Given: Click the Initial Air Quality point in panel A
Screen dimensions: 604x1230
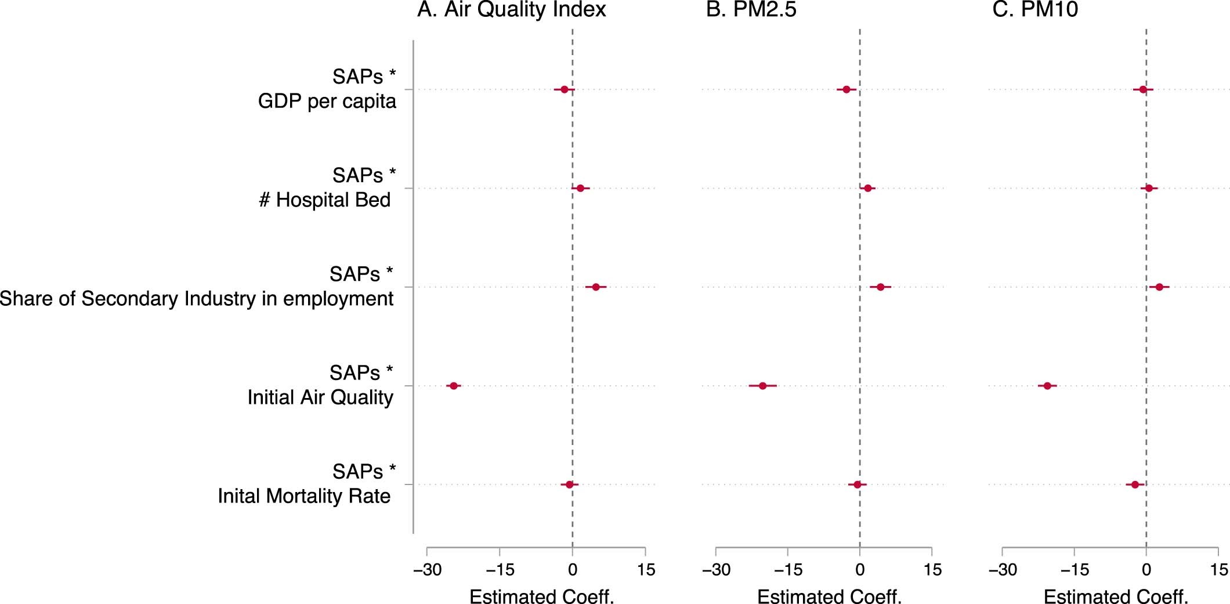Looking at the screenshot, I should point(454,386).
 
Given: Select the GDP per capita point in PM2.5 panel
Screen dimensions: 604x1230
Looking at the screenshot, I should point(846,89).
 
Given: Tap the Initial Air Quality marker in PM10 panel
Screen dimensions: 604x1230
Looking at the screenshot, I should point(1047,386).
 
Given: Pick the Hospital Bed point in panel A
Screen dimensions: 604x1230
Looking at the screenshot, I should point(580,188).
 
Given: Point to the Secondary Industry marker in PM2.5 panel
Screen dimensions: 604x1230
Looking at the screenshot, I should point(880,287).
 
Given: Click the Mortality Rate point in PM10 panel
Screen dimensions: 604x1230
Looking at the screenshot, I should point(1135,484).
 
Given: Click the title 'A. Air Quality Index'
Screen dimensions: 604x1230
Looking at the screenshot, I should point(511,10).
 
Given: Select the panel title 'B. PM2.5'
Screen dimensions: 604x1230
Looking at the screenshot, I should point(751,10).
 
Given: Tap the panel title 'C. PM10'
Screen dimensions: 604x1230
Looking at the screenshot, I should point(1035,10).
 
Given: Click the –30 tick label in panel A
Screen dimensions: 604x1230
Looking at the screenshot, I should point(427,570).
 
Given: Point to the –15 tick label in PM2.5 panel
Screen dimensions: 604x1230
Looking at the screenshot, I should point(788,570).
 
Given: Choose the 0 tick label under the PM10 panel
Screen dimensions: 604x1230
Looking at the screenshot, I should point(1146,570).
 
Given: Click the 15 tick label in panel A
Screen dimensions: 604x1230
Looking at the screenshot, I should point(646,570).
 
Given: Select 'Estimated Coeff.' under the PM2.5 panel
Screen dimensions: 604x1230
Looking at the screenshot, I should point(829,596).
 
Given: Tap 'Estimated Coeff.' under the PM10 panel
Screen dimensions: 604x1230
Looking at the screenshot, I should point(1116,596).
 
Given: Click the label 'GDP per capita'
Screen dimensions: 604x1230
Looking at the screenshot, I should point(327,102).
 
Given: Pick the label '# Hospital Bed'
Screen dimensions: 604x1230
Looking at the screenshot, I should point(324,200).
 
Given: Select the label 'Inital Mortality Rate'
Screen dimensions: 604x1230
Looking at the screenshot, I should point(304,497).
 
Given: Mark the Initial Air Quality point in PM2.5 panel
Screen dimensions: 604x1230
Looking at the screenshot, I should point(762,386).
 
